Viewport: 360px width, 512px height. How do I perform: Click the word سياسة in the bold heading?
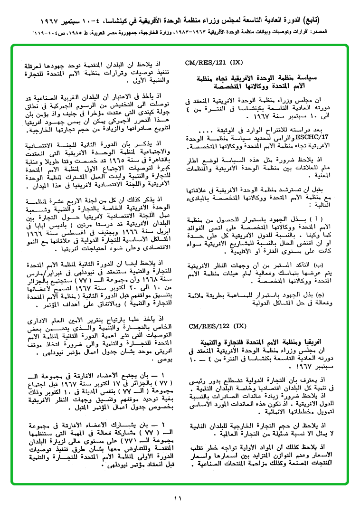point(307,78)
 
